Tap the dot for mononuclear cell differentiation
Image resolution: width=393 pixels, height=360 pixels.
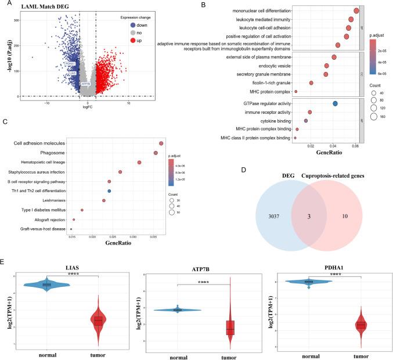pyautogui.click(x=356, y=11)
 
